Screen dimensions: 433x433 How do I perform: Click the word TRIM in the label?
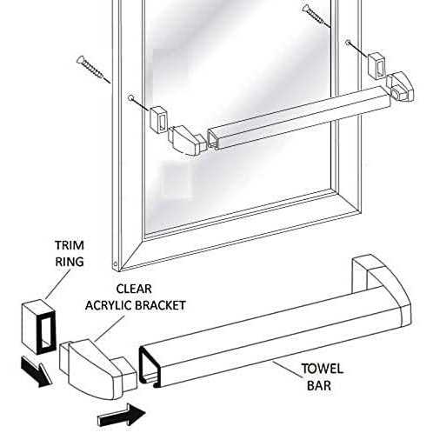(70, 245)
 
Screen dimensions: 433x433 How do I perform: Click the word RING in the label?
(70, 262)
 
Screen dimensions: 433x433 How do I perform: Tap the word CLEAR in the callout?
(134, 289)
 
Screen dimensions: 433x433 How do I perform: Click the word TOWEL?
(322, 369)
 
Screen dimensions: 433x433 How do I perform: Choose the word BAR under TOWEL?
(319, 386)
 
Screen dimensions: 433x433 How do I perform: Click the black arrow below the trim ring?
(36, 372)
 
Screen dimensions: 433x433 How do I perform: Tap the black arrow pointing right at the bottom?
(122, 416)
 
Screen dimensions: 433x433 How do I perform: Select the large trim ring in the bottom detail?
(38, 327)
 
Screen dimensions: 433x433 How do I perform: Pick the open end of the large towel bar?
(150, 366)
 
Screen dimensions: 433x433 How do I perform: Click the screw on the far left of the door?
(93, 70)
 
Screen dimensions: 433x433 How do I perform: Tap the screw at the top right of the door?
(316, 16)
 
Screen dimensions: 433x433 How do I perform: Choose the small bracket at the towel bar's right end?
(400, 86)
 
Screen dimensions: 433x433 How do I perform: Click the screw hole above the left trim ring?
(131, 98)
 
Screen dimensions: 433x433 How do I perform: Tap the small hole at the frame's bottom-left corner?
(116, 264)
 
